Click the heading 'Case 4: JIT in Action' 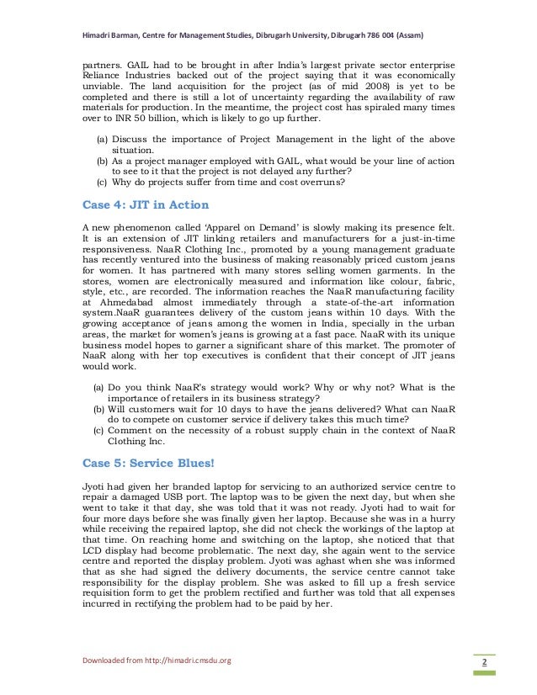pyautogui.click(x=145, y=204)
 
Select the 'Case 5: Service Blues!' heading pyautogui.click(x=147, y=463)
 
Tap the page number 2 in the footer pyautogui.click(x=485, y=662)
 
